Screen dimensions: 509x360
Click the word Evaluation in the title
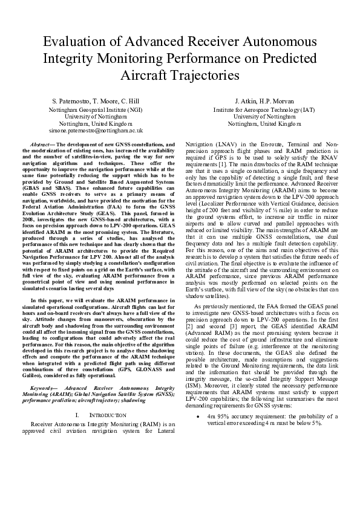[x=77, y=42]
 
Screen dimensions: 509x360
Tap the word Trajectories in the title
[x=205, y=76]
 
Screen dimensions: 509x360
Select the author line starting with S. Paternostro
[x=96, y=100]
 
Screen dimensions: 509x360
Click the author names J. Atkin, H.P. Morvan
[x=264, y=100]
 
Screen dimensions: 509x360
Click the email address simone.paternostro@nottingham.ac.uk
[x=96, y=130]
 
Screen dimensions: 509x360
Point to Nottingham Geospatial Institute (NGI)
[x=96, y=110]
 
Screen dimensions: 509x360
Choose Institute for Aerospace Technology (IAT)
[x=264, y=110]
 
